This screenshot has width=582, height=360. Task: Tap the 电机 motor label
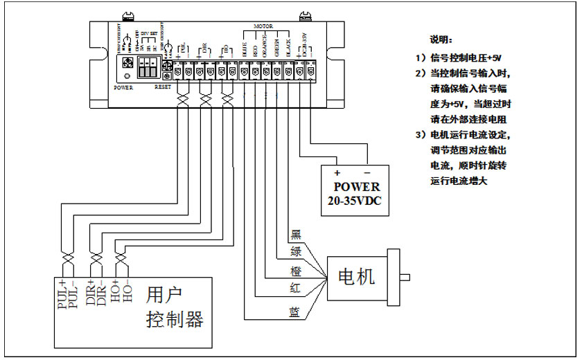(355, 277)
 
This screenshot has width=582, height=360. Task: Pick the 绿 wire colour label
(294, 251)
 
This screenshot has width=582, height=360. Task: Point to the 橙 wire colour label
(294, 269)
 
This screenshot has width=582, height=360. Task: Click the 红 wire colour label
(294, 287)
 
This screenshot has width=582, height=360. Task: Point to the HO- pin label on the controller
(127, 294)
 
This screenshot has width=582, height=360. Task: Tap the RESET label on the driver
(163, 88)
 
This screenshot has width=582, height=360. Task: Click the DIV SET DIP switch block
(148, 67)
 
